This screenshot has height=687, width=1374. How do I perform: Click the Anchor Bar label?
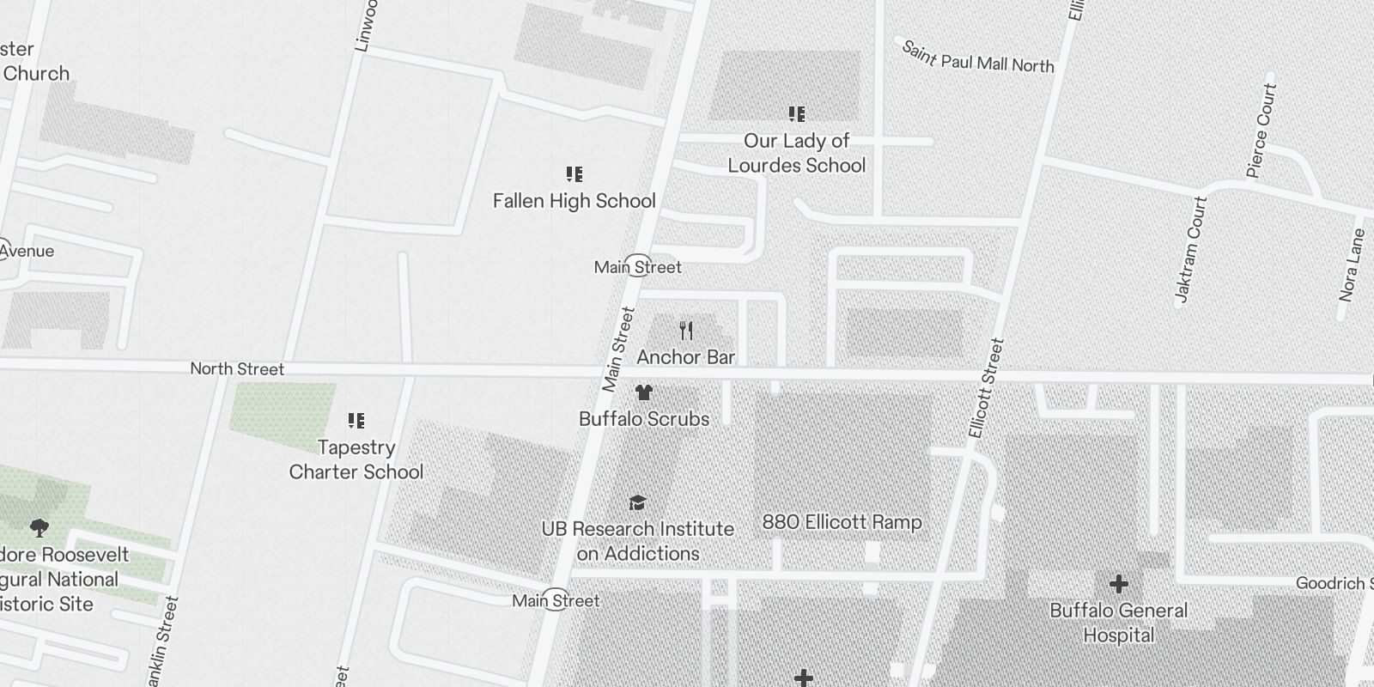coord(685,356)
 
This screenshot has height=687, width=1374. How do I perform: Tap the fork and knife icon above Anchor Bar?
coord(686,331)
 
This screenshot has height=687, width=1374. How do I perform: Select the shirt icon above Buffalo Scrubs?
coord(644,393)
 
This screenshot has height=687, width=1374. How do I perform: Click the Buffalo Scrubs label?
coord(644,419)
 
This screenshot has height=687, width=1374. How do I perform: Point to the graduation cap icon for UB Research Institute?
coord(637,502)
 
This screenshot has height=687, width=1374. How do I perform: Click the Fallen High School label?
coord(574,201)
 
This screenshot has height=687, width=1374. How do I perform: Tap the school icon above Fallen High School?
coord(575,175)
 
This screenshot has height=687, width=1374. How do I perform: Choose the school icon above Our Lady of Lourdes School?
coord(797,114)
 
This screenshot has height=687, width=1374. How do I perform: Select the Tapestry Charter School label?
coord(356,459)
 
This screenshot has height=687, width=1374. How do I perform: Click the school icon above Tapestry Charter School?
coord(356,421)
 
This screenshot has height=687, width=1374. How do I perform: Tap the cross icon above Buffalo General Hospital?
coord(1118,585)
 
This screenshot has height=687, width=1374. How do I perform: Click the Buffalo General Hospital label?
coord(1118,623)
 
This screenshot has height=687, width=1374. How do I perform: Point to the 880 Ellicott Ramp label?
coord(842,522)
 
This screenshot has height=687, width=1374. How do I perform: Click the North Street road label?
coord(237,369)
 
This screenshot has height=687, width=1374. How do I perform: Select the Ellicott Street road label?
coord(986,388)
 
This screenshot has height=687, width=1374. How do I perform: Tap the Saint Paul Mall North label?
coord(977,57)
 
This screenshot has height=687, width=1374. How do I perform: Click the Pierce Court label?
coord(1259,131)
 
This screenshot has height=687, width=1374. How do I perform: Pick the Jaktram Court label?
coord(1190,250)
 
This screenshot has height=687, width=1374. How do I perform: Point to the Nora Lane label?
coord(1352,264)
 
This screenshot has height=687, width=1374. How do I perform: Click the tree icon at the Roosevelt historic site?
coord(39,527)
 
